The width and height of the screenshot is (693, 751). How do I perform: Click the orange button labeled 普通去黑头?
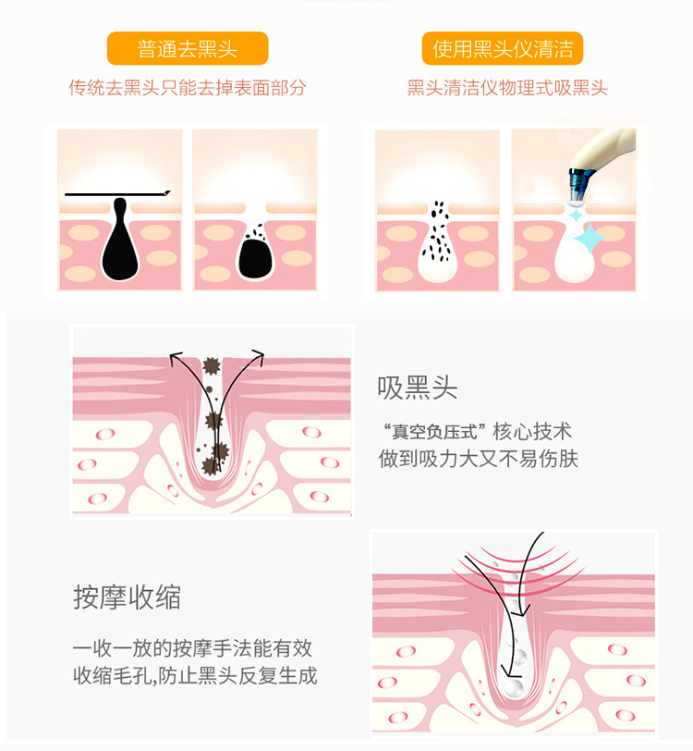(188, 48)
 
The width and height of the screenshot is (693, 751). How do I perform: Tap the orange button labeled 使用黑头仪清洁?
(502, 48)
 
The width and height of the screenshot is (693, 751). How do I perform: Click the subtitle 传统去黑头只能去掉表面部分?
(188, 88)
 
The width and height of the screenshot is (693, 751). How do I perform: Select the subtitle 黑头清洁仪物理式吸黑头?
(507, 88)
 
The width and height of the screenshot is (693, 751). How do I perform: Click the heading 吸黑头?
(418, 388)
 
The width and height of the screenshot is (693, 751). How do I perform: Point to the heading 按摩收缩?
(127, 597)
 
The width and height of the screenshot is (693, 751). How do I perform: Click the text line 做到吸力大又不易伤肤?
(479, 459)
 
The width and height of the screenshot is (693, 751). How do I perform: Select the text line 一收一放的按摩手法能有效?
(192, 648)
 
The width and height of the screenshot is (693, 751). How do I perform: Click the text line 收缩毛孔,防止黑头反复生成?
(195, 676)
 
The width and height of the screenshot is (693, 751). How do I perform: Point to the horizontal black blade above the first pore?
(117, 194)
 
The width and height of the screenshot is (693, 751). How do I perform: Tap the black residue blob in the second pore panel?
(255, 259)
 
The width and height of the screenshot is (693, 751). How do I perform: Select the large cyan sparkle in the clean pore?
(589, 238)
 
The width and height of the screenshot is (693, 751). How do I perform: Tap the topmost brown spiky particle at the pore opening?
(211, 366)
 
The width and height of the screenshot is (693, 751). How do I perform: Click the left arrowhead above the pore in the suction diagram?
(176, 357)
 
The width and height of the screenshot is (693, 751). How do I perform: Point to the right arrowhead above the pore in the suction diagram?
(259, 356)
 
